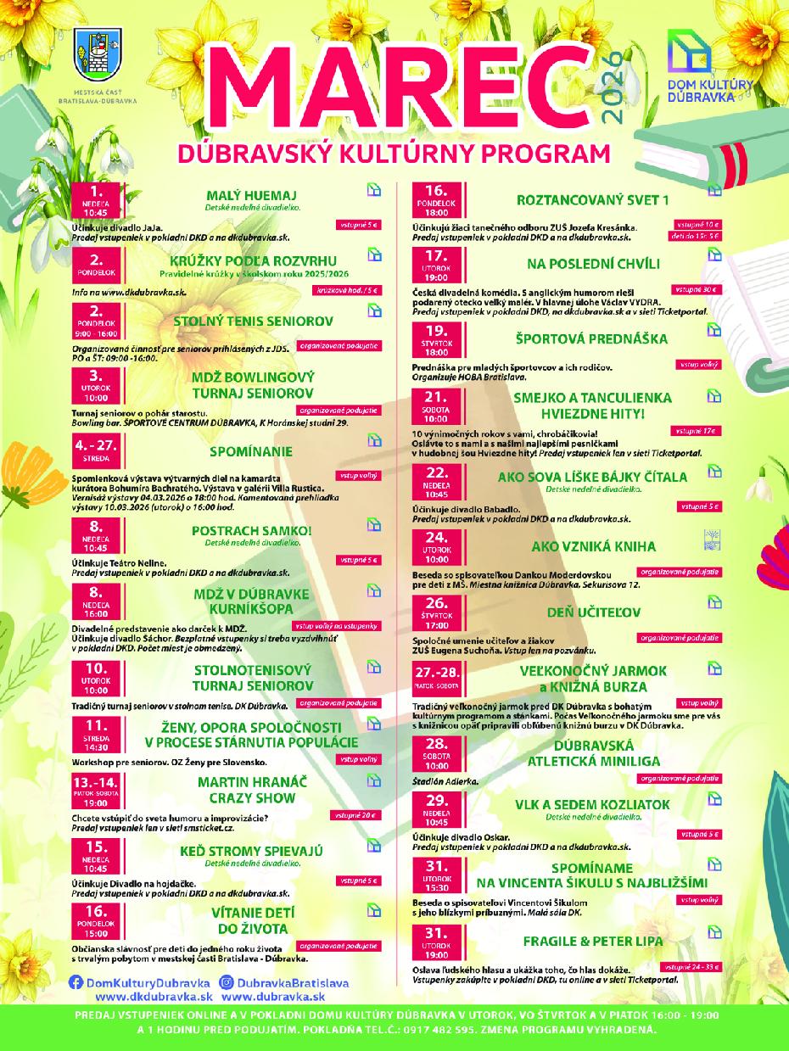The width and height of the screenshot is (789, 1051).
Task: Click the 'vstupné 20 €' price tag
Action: click(357, 815)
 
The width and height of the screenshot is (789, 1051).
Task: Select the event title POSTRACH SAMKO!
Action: click(252, 530)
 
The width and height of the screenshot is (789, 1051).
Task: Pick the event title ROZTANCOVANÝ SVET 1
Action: click(593, 200)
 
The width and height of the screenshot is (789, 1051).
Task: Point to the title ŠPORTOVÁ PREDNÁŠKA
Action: click(593, 338)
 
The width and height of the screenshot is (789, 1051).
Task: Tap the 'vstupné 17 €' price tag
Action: click(700, 430)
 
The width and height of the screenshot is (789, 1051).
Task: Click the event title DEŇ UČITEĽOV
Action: click(593, 612)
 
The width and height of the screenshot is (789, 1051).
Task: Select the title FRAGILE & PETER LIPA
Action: click(593, 941)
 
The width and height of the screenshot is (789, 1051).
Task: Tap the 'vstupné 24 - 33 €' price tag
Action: click(693, 966)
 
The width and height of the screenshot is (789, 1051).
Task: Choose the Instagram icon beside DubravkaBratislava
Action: click(227, 981)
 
